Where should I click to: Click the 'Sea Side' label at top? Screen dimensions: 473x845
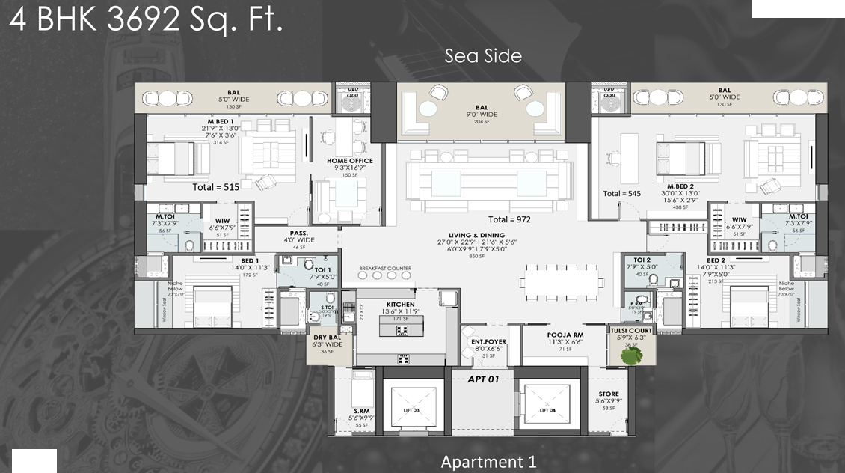(483, 55)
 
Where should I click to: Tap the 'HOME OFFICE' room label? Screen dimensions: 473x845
(349, 161)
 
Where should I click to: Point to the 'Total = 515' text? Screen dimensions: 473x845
(215, 187)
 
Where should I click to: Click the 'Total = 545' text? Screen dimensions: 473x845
(622, 194)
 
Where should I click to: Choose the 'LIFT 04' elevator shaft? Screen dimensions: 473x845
(547, 410)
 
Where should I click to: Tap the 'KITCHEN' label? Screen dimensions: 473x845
(400, 305)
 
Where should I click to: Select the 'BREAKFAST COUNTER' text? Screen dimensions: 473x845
(385, 269)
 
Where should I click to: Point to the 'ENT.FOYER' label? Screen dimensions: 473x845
(488, 342)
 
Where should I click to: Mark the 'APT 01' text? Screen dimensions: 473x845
(484, 379)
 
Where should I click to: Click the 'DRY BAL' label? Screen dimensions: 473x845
(328, 338)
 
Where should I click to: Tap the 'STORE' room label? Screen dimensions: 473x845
(609, 394)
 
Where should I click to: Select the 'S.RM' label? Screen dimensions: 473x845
(362, 411)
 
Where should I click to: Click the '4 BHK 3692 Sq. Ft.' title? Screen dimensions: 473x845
(146, 20)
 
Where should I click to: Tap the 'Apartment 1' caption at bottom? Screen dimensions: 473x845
(488, 462)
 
